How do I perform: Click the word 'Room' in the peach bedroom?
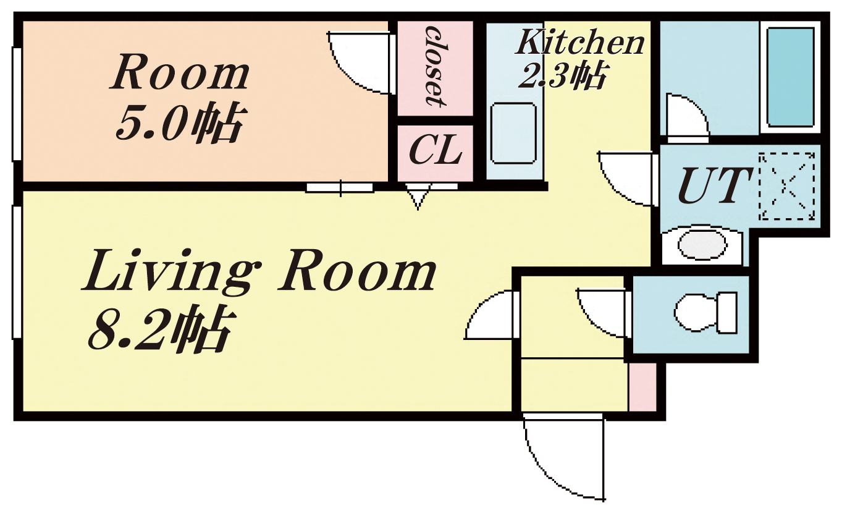[180, 72]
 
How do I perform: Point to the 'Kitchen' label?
[580, 42]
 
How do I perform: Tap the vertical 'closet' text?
[436, 66]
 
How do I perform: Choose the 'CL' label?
[436, 150]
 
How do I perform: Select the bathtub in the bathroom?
[789, 77]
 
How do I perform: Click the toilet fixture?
[705, 313]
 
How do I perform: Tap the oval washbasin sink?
[701, 245]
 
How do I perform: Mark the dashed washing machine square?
[787, 186]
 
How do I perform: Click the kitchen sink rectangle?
[513, 133]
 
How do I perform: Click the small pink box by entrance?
[643, 387]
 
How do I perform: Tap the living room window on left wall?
[17, 271]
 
